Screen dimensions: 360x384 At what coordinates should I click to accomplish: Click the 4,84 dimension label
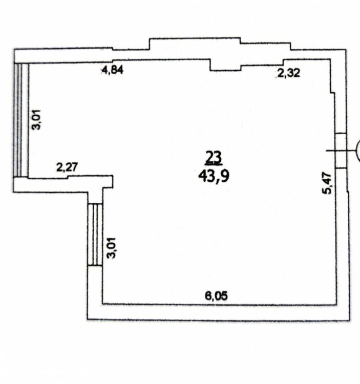pyautogui.click(x=113, y=70)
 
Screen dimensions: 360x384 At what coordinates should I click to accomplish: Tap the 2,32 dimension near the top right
pyautogui.click(x=288, y=73)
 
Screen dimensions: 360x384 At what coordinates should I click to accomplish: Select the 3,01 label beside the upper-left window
pyautogui.click(x=37, y=120)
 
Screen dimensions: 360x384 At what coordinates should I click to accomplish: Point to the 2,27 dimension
pyautogui.click(x=67, y=167)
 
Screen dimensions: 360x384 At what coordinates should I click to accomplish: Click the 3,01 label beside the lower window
pyautogui.click(x=112, y=248)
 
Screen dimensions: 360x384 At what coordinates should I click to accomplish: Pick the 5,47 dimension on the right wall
pyautogui.click(x=327, y=184)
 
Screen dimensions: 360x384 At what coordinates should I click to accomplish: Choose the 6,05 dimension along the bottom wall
pyautogui.click(x=216, y=296)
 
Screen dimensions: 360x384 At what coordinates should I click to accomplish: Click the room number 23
pyautogui.click(x=214, y=157)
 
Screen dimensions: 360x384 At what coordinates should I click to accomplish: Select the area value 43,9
pyautogui.click(x=214, y=176)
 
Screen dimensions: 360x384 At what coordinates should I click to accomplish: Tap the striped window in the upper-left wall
pyautogui.click(x=21, y=120)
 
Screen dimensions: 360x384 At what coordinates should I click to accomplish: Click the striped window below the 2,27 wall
pyautogui.click(x=95, y=234)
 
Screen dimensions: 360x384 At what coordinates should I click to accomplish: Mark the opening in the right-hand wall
pyautogui.click(x=341, y=151)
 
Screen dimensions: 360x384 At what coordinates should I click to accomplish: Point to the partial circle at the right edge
pyautogui.click(x=358, y=151)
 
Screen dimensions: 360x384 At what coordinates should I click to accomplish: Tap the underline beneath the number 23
pyautogui.click(x=214, y=163)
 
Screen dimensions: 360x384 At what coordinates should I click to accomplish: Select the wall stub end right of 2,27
pyautogui.click(x=113, y=181)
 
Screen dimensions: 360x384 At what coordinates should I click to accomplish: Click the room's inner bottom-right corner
pyautogui.click(x=336, y=305)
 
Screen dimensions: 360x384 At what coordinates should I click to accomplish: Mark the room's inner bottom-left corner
pyautogui.click(x=102, y=304)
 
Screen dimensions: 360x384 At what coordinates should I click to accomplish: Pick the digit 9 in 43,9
pyautogui.click(x=225, y=175)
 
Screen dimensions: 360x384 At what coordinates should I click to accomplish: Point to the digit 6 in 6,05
pyautogui.click(x=208, y=296)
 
